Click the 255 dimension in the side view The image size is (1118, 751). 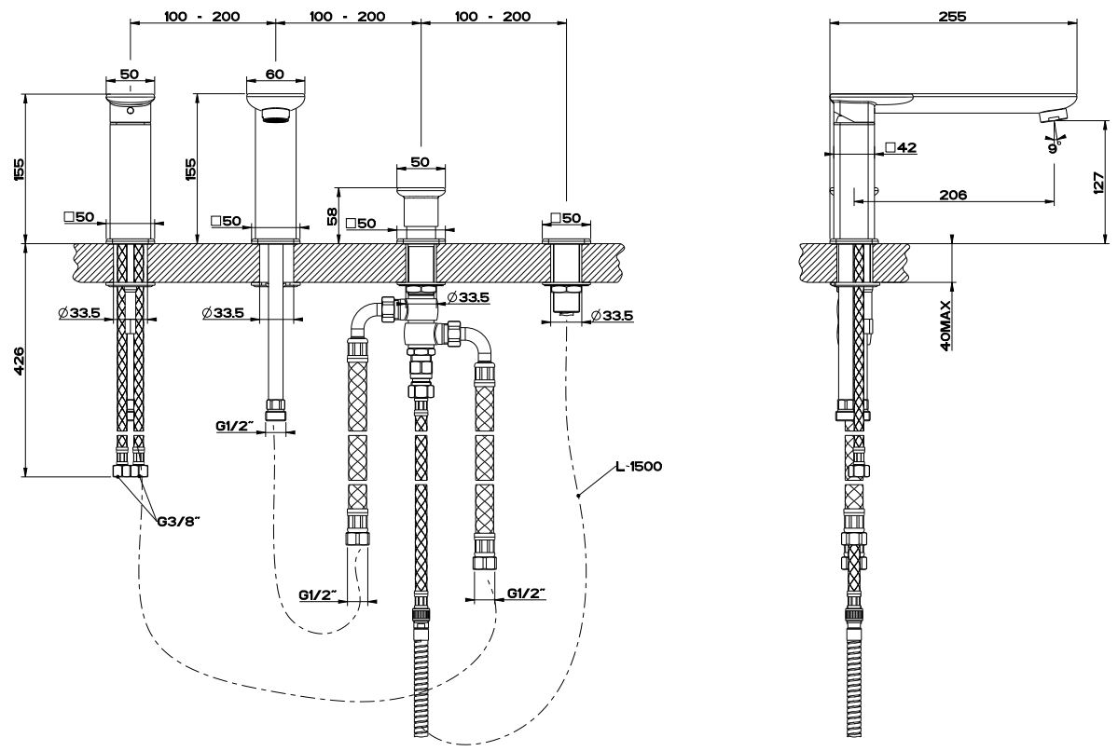click(952, 16)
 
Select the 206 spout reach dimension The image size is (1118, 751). click(952, 195)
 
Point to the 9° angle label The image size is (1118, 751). click(1053, 146)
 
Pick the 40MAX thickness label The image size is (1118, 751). click(945, 324)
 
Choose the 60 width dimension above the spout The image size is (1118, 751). click(274, 74)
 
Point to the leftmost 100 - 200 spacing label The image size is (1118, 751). click(201, 16)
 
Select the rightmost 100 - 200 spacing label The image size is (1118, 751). click(493, 16)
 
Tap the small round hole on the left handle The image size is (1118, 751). click(130, 111)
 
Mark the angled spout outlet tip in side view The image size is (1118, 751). click(1053, 116)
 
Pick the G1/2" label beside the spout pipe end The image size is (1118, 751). click(234, 426)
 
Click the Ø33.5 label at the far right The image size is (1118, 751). click(613, 316)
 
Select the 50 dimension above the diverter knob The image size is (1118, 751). click(420, 161)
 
